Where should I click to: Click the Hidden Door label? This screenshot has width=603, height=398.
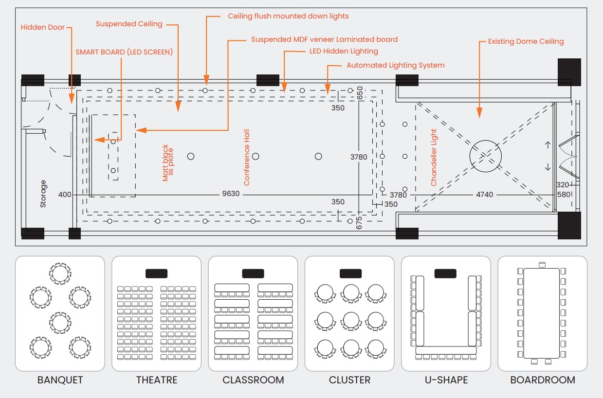click(42, 28)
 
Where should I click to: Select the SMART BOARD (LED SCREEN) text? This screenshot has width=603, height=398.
click(124, 52)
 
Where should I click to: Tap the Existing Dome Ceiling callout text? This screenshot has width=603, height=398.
click(526, 41)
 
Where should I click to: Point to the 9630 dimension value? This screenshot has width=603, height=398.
click(231, 194)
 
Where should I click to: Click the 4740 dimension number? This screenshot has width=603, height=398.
click(484, 195)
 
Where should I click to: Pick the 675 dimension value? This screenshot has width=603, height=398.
click(359, 223)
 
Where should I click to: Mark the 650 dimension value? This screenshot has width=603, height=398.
click(360, 93)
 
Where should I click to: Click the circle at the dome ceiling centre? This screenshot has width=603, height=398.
click(485, 157)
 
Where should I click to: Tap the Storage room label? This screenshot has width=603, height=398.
click(43, 194)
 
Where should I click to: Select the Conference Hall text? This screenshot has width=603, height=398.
click(247, 157)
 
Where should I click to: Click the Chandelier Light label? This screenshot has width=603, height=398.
click(434, 157)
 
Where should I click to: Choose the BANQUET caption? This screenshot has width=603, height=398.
click(60, 380)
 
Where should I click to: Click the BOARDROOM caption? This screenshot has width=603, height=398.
click(543, 380)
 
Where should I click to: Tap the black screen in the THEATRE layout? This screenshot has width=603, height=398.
click(156, 273)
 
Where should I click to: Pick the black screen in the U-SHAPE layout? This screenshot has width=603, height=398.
click(445, 273)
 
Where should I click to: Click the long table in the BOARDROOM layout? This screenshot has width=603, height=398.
click(542, 313)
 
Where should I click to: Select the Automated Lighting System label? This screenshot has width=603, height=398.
click(395, 65)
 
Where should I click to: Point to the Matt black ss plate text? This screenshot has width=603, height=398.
click(168, 163)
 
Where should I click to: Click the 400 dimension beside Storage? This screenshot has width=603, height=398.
click(65, 195)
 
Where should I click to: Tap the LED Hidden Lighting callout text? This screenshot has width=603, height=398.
click(344, 51)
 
